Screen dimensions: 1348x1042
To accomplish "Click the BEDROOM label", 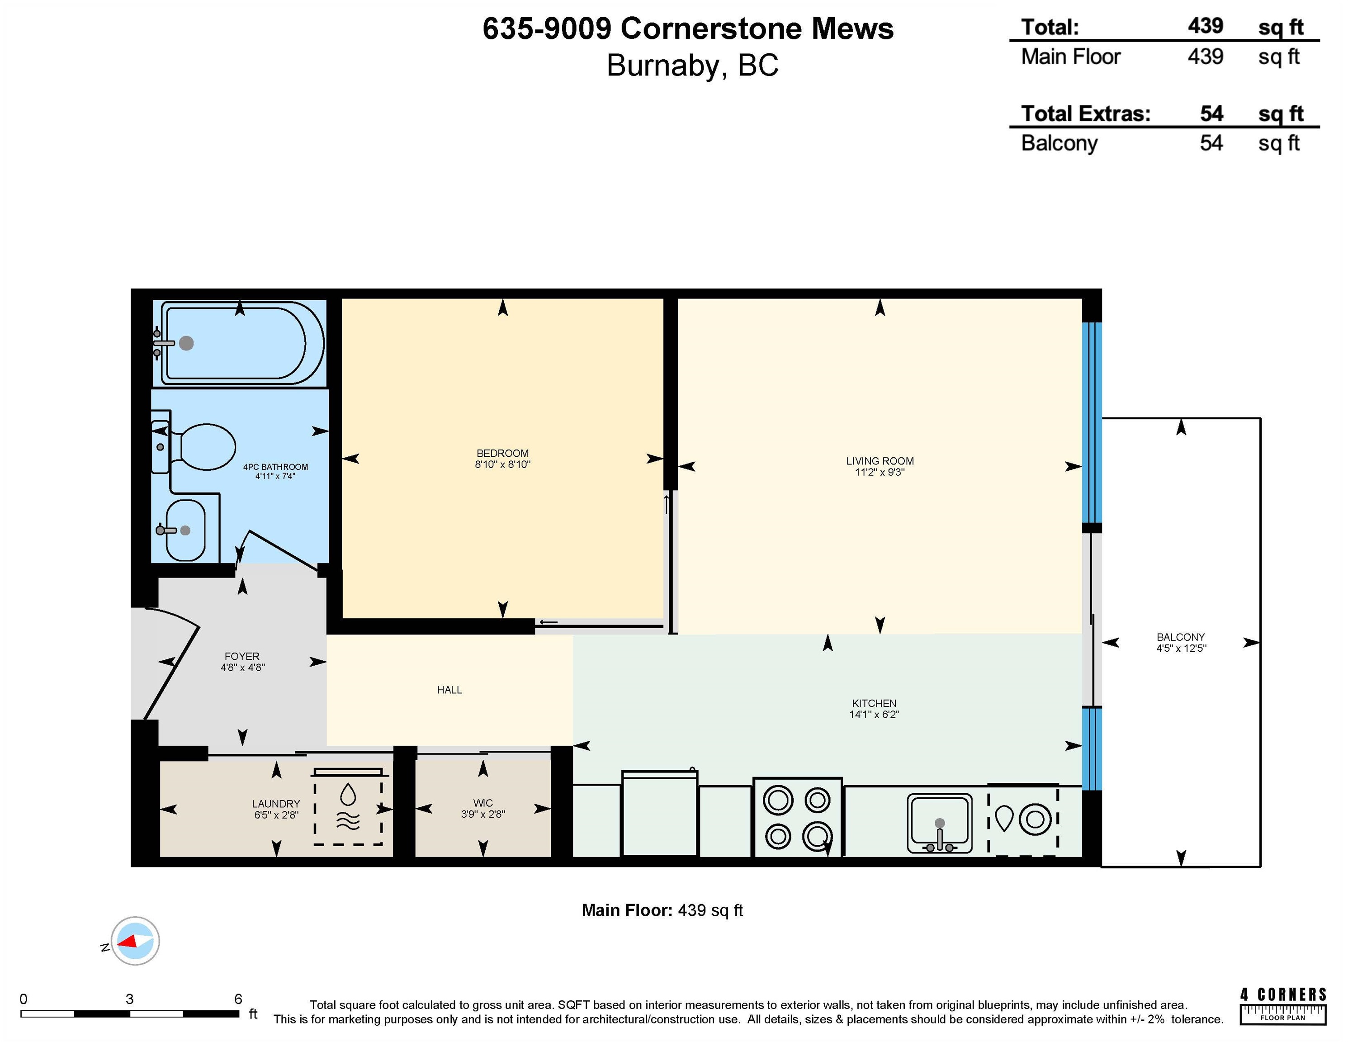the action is point(502,453).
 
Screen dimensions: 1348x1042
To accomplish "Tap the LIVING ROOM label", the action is point(880,461).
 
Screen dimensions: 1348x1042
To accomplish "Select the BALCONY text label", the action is point(1181,637).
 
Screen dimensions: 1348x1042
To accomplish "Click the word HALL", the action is point(449,690).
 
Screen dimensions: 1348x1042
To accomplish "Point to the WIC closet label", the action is point(482,803).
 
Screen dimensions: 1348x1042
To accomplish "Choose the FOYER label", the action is point(242,656).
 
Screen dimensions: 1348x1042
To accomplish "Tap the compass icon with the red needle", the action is point(135,941).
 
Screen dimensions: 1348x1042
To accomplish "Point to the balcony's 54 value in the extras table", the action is point(1211,143).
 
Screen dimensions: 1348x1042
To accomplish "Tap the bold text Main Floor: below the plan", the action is point(626,910).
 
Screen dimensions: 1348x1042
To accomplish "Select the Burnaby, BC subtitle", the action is point(692,66).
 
